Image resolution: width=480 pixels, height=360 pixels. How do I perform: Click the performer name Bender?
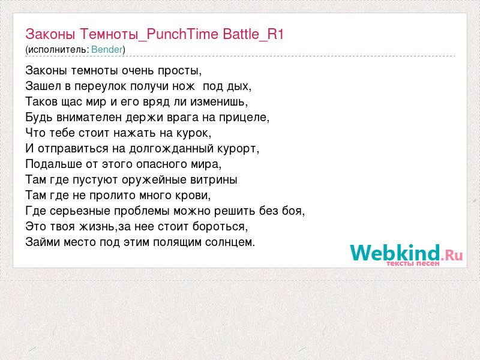point(107,49)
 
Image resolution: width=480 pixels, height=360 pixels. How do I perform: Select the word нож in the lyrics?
point(183,86)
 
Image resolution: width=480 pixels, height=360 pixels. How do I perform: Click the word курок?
point(192,133)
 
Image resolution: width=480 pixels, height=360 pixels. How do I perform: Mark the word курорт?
point(236,149)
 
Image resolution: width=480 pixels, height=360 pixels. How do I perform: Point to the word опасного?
point(162,164)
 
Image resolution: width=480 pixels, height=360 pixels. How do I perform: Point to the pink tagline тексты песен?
point(413,263)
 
